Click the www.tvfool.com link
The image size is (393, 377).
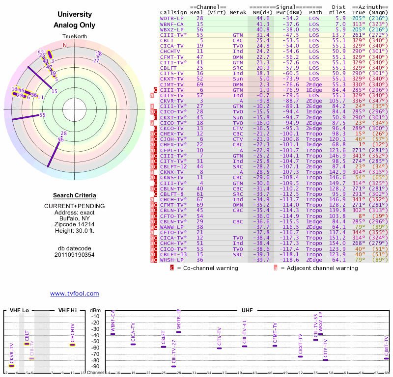pos(75,294)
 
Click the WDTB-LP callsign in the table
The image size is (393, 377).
pos(172,18)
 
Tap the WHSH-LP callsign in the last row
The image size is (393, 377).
pos(172,260)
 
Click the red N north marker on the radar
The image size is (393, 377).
pos(64,45)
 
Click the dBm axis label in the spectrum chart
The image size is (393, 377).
pos(95,310)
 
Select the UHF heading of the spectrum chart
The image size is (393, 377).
pos(247,310)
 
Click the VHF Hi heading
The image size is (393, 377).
pos(68,310)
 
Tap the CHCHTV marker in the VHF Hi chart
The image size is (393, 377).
pos(72,345)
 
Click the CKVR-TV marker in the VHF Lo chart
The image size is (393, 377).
pos(12,366)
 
